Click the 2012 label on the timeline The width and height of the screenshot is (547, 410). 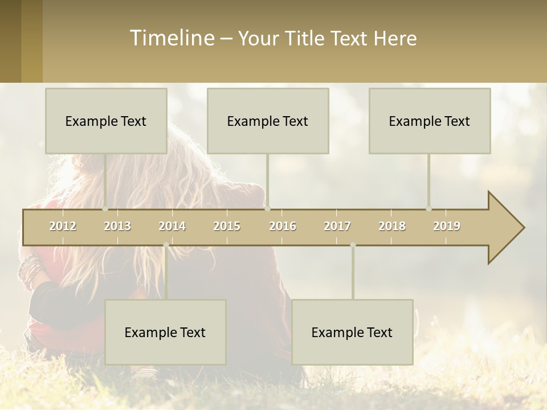63,226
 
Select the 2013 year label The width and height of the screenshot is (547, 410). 117,226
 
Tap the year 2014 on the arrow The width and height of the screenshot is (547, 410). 172,226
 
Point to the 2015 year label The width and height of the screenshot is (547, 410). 227,226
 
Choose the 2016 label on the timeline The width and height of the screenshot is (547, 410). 283,226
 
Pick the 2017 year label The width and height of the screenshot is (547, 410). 337,226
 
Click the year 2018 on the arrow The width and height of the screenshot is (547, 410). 392,226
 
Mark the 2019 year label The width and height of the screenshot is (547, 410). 447,226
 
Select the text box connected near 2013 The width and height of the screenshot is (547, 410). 106,121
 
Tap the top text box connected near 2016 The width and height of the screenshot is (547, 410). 268,121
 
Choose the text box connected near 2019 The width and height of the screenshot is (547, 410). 430,121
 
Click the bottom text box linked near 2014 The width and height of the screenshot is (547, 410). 165,332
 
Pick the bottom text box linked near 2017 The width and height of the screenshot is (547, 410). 352,332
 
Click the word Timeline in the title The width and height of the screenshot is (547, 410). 172,38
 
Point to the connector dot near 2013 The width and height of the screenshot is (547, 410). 105,208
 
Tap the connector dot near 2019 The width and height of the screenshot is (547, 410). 429,208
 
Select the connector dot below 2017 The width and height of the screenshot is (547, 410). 353,245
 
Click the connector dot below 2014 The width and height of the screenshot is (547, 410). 166,245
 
